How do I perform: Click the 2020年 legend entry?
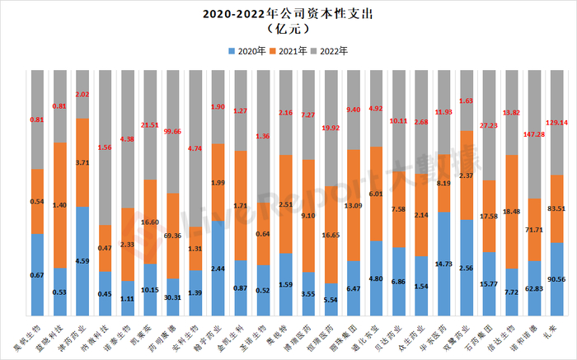(244, 51)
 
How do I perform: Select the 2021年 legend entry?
(288, 51)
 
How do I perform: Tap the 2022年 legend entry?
(333, 51)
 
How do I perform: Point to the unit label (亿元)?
(288, 30)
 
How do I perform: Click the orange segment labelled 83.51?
(556, 208)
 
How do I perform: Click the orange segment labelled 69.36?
(172, 236)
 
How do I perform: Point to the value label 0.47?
(105, 247)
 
